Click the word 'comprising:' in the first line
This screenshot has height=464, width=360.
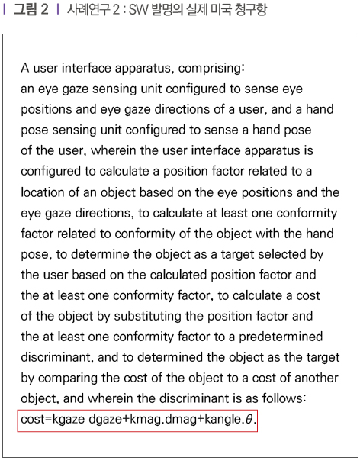211,69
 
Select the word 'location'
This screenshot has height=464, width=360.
43,192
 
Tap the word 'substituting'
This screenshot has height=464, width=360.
148,317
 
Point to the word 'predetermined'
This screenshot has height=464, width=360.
281,337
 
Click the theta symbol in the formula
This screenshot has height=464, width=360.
249,419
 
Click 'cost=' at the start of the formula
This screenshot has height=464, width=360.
36,419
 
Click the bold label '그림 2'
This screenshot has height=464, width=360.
31,10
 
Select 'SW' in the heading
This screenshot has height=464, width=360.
138,10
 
